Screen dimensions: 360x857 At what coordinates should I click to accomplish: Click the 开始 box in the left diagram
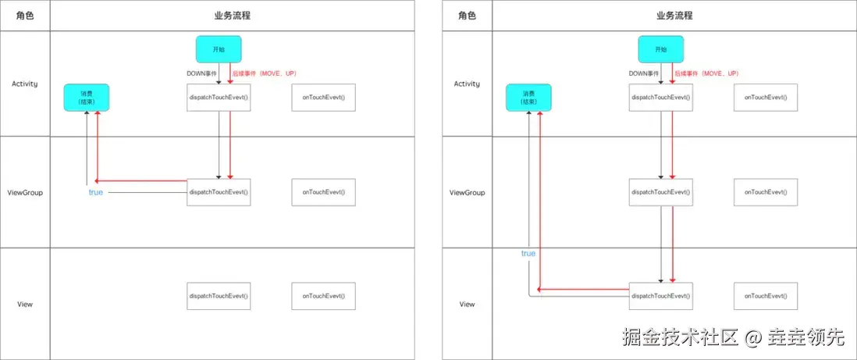[x=219, y=48]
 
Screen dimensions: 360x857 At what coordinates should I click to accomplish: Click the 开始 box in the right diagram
[x=660, y=48]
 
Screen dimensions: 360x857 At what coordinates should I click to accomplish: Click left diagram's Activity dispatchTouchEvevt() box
[x=219, y=98]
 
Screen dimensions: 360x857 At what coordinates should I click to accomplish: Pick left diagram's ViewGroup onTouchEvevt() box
[x=323, y=192]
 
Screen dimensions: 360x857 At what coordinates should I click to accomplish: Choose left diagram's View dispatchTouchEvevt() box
[x=219, y=296]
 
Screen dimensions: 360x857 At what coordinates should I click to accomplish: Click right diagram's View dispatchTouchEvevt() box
[x=660, y=296]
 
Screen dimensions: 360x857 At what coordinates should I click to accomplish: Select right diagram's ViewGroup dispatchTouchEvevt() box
[x=660, y=192]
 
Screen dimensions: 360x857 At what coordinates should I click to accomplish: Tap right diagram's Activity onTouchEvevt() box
[x=765, y=98]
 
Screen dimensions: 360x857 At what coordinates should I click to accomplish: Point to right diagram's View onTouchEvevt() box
[x=765, y=296]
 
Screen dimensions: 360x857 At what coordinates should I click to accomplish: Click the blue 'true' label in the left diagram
[x=95, y=192]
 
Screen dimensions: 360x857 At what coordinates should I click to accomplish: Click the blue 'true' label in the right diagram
[x=528, y=253]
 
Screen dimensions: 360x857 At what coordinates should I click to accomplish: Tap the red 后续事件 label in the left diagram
[x=264, y=73]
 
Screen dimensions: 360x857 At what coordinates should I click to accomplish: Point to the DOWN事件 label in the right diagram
[x=645, y=73]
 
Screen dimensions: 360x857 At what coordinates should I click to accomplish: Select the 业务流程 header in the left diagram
[x=232, y=16]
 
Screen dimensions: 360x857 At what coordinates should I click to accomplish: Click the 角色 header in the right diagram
[x=467, y=16]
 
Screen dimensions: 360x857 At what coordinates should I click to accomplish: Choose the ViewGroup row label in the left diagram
[x=25, y=192]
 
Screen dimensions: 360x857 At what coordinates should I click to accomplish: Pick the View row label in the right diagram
[x=467, y=304]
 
